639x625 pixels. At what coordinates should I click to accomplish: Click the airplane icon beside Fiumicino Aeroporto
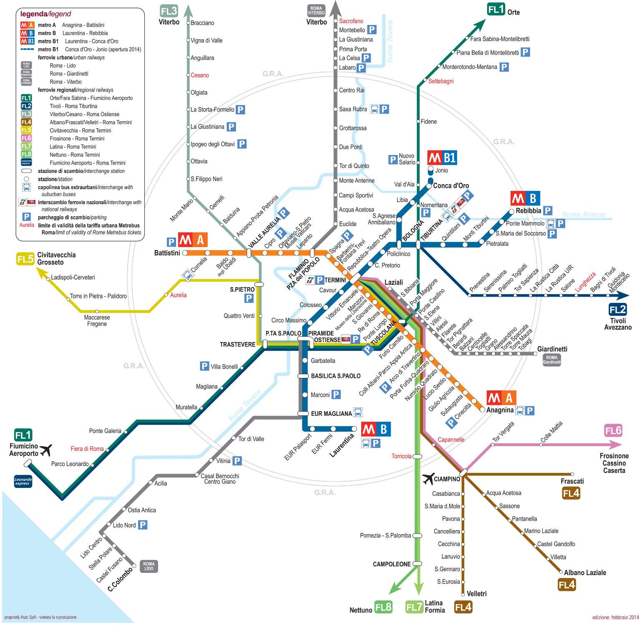(46, 450)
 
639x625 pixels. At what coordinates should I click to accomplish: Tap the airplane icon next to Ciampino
(428, 479)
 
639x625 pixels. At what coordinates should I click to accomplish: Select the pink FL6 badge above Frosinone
(613, 430)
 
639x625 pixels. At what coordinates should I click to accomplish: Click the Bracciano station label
(202, 23)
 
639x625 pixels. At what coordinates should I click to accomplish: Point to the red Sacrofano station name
(351, 21)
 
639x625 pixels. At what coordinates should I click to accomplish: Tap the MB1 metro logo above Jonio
(442, 158)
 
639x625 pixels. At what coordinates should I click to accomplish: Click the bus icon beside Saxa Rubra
(374, 109)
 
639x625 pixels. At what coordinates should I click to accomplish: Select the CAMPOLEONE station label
(392, 564)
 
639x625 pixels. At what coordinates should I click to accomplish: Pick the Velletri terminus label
(476, 593)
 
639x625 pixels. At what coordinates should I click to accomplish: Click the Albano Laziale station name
(585, 572)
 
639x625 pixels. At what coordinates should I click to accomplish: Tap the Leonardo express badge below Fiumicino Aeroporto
(23, 481)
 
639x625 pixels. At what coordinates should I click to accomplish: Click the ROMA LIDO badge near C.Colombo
(148, 566)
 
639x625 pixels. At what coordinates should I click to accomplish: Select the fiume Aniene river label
(584, 214)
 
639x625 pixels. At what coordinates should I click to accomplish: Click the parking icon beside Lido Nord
(143, 525)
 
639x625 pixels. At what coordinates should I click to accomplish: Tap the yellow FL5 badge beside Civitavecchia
(25, 259)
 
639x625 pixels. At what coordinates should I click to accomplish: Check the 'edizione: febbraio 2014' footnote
(615, 617)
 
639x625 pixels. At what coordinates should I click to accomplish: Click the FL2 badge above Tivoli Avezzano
(618, 309)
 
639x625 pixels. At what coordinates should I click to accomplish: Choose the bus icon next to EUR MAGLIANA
(358, 412)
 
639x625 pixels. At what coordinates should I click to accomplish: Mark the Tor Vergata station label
(503, 432)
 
